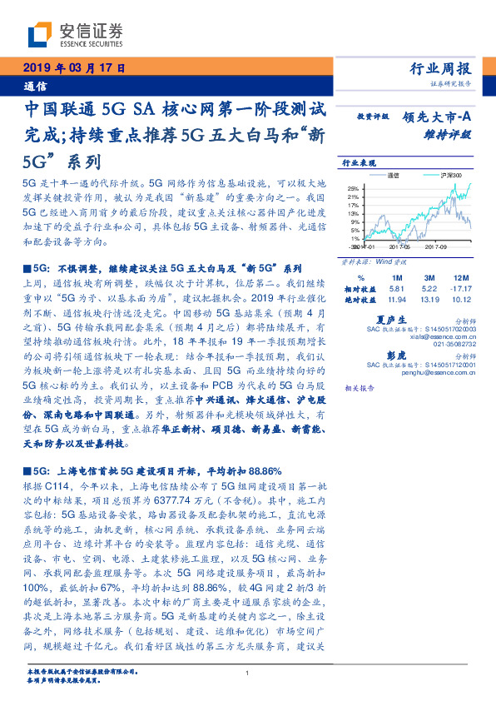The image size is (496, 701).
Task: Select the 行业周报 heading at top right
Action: click(441, 68)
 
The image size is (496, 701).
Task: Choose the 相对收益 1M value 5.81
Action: click(396, 286)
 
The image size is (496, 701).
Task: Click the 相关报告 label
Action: click(355, 388)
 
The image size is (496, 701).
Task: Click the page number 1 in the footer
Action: click(247, 672)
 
